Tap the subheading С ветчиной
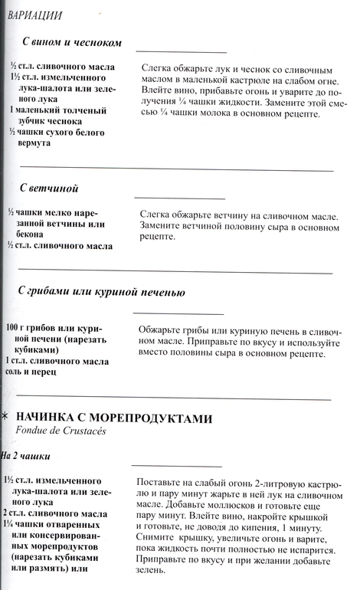pos(49,188)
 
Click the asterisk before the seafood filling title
pos(6,418)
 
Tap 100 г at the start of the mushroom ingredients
pos(16,328)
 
